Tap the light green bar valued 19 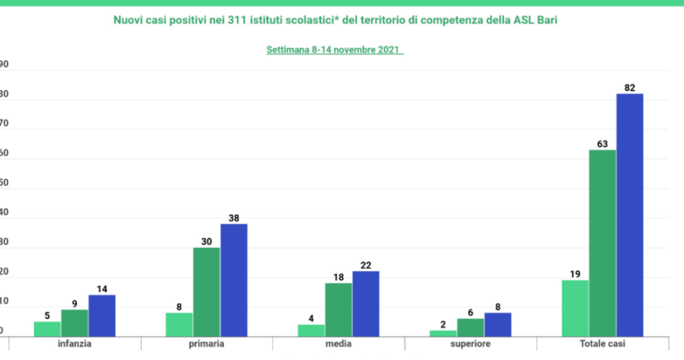(575, 307)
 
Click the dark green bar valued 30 (207, 292)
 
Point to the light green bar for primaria (179, 324)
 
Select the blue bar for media (366, 303)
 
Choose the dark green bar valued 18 (338, 309)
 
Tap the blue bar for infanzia (102, 315)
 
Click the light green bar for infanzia (48, 328)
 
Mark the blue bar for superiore (498, 324)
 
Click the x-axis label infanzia (74, 344)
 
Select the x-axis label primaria (207, 344)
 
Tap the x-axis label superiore (470, 344)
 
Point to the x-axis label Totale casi (602, 344)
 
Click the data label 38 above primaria (233, 217)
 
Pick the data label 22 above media (366, 264)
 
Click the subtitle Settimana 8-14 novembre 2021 (334, 50)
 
